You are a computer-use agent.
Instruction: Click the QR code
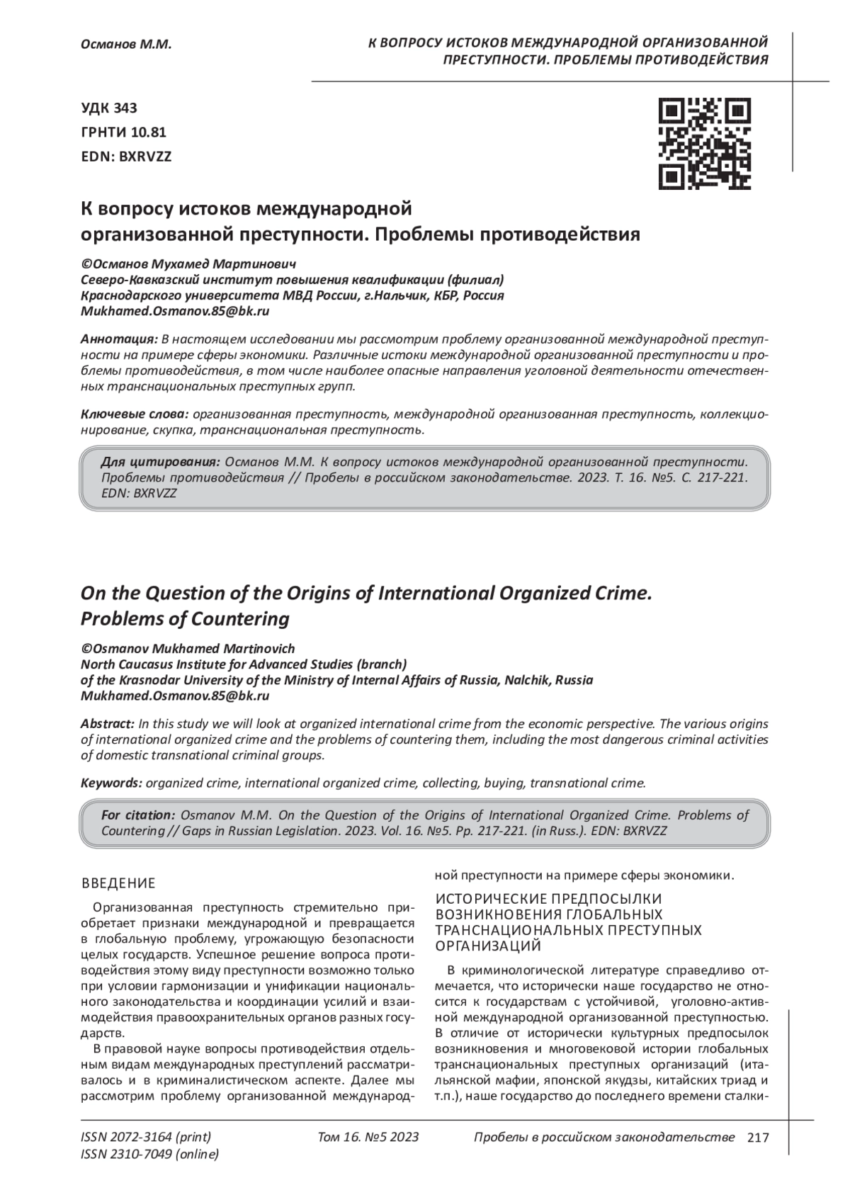[704, 144]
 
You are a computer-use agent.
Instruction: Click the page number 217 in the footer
[758, 1138]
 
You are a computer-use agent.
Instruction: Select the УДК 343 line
[110, 108]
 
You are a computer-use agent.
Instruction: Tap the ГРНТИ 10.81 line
[124, 132]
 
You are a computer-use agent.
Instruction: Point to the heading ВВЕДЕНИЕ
[118, 883]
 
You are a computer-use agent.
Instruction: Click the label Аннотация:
[119, 338]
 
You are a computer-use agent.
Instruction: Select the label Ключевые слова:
[135, 414]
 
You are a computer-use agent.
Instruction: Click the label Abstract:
[108, 724]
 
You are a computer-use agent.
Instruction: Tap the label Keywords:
[112, 783]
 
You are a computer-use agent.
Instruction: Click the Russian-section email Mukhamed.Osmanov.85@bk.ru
[175, 310]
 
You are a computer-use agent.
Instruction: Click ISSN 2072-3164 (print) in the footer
[146, 1138]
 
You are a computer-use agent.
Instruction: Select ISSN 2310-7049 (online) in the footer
[150, 1155]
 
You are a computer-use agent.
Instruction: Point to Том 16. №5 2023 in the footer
[368, 1138]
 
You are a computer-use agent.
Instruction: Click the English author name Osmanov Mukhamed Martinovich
[192, 649]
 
